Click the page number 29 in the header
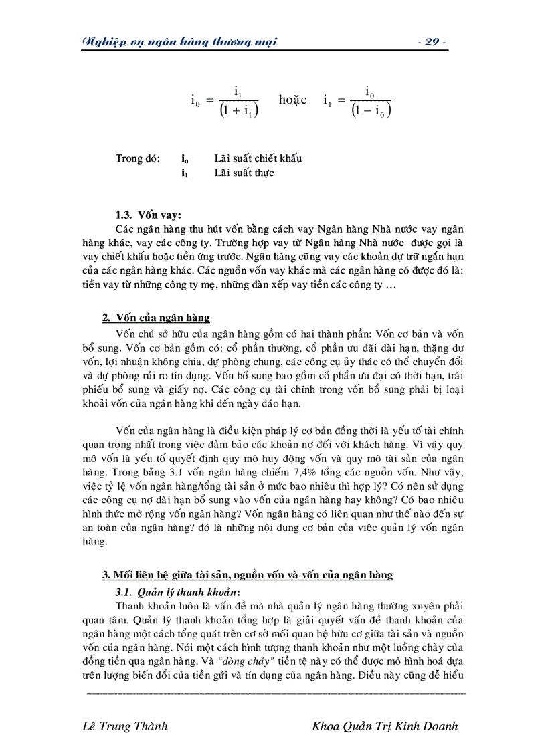[431, 42]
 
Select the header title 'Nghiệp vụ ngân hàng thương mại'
[179, 42]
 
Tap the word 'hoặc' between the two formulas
[292, 100]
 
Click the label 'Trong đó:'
[138, 158]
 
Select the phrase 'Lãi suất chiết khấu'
[258, 158]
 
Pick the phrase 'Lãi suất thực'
[244, 173]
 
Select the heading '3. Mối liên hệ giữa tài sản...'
[247, 575]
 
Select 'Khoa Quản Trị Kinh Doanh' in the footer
[385, 726]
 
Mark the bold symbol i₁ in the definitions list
[185, 173]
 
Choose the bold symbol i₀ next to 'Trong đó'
[185, 159]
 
